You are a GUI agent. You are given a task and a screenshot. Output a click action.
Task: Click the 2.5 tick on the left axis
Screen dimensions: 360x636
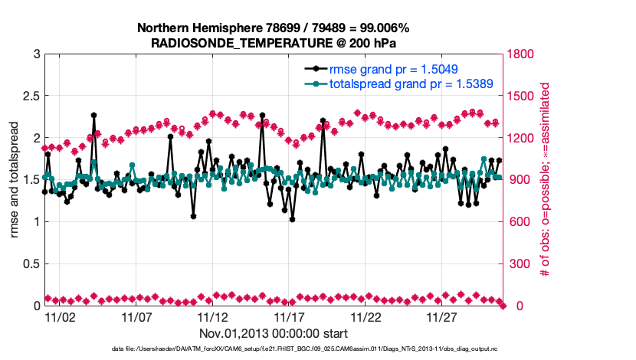(x=31, y=96)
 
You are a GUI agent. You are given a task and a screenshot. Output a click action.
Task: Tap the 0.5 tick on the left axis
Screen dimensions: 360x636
(x=31, y=264)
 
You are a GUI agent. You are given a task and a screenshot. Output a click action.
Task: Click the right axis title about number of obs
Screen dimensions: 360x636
(x=546, y=180)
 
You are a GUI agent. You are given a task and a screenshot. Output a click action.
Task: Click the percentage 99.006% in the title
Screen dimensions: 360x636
(x=379, y=28)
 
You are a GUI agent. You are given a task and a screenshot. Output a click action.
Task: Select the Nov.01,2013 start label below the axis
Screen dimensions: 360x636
(x=274, y=334)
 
